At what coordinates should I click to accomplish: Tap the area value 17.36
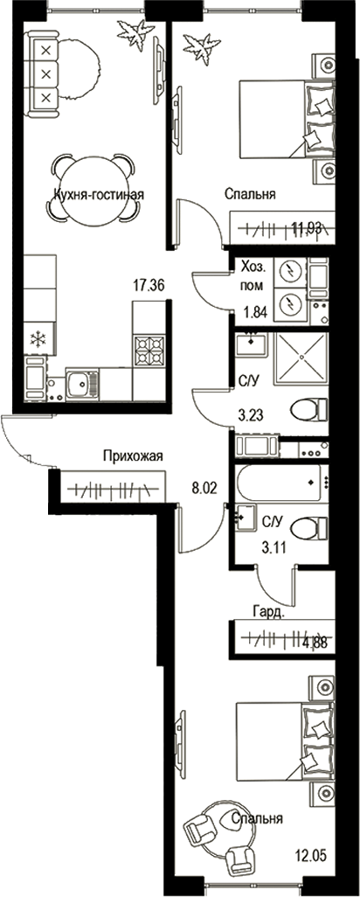(149, 284)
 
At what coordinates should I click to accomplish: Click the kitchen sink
(81, 383)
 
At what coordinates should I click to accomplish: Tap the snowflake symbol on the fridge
(38, 339)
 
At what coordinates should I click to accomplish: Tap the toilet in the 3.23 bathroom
(308, 409)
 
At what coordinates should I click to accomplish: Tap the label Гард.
(267, 612)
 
